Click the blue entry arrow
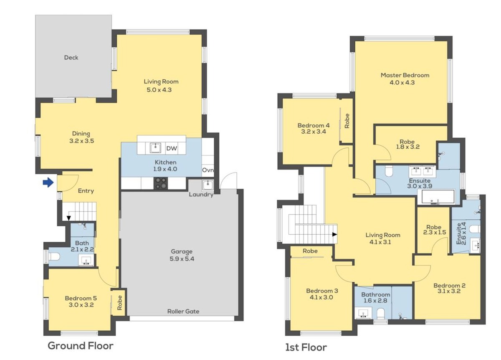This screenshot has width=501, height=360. (48, 183)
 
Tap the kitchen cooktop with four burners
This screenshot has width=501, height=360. (161, 183)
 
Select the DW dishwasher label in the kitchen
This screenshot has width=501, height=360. (172, 148)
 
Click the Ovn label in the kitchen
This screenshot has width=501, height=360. (208, 170)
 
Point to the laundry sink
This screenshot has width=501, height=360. (208, 185)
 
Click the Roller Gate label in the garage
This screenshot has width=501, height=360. (183, 311)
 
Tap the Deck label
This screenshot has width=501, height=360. (71, 58)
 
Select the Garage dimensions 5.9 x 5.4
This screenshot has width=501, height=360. (182, 259)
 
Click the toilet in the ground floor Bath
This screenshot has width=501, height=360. (54, 256)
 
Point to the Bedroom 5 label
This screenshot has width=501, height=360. (81, 298)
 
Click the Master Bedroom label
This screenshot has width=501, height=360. (405, 75)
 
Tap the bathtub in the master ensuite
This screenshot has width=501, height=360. (436, 197)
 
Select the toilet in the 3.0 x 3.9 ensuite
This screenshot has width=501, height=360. (390, 171)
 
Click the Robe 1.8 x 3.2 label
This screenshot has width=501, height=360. (407, 145)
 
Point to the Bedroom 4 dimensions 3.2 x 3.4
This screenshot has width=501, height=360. (314, 132)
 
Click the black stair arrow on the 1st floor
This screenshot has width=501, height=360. (334, 234)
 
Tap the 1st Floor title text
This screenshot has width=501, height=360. (306, 347)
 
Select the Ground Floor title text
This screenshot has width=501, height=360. (81, 346)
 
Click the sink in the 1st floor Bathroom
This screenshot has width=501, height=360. (364, 313)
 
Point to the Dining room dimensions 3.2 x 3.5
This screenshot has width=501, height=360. (81, 141)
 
